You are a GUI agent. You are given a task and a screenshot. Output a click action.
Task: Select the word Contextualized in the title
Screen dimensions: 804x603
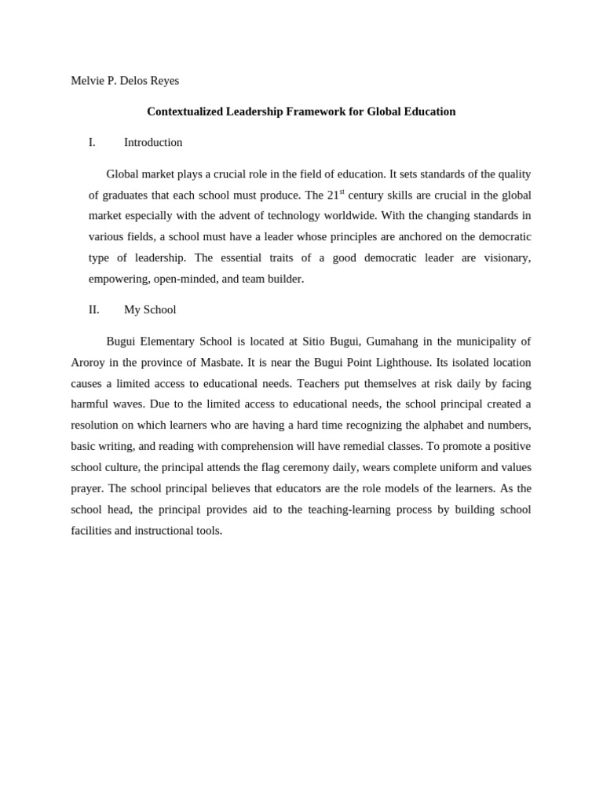click(185, 111)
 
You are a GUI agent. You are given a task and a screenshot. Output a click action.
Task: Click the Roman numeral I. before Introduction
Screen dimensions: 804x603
click(92, 142)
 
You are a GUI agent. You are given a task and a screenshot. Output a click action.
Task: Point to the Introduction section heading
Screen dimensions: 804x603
click(153, 142)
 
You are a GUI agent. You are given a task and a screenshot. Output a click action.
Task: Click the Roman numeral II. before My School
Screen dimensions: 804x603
click(93, 309)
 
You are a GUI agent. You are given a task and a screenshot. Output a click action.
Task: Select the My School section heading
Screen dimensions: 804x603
click(150, 309)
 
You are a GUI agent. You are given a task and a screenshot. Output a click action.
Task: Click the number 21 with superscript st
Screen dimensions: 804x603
click(334, 195)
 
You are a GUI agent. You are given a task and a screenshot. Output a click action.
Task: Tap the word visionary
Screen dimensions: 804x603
click(506, 258)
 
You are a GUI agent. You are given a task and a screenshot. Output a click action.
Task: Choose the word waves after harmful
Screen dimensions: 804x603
click(128, 404)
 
